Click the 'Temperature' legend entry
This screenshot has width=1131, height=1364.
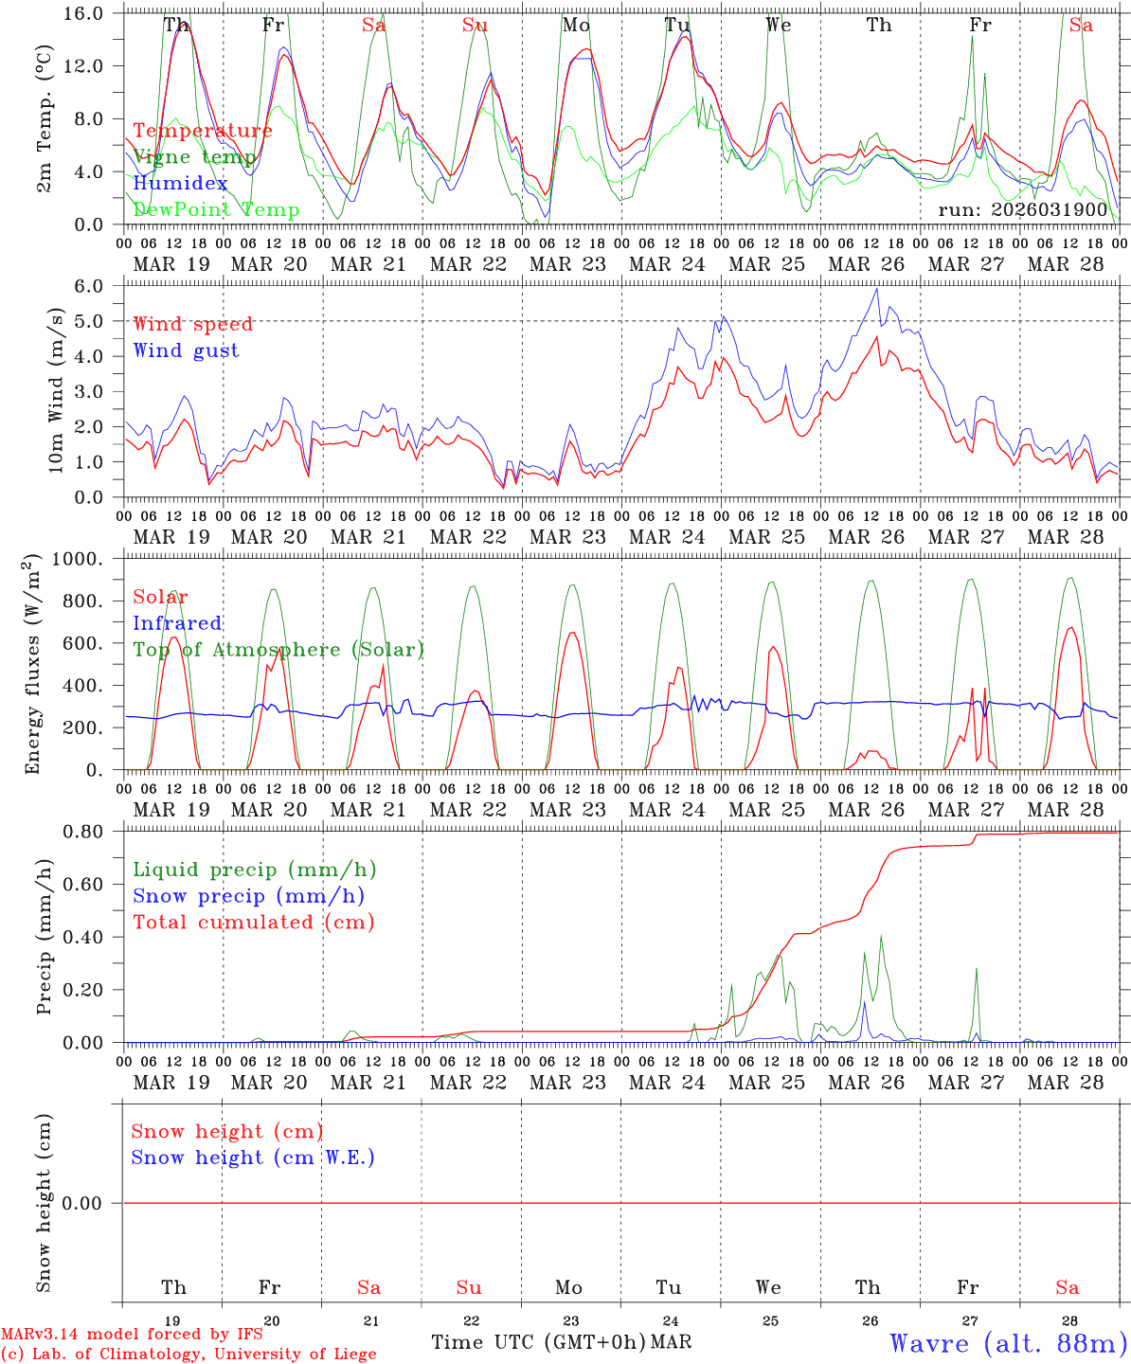202,131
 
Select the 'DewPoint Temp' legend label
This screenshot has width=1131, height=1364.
216,209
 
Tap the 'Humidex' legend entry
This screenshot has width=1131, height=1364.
180,183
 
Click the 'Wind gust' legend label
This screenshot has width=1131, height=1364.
186,350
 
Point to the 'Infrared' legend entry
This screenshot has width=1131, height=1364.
177,623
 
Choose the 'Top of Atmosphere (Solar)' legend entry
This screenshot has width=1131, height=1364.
278,650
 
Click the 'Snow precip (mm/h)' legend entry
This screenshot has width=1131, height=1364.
248,896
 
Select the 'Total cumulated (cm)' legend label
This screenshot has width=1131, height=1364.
253,922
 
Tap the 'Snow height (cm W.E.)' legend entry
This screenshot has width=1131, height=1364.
252,1158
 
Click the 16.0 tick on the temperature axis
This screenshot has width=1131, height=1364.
93,13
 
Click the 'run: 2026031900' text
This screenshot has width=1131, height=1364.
1022,209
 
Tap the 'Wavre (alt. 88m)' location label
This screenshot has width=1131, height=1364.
1009,1343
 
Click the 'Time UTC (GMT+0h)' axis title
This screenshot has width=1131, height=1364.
538,1342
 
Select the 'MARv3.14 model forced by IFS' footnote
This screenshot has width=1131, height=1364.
132,1335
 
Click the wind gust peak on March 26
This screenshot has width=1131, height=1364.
877,289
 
